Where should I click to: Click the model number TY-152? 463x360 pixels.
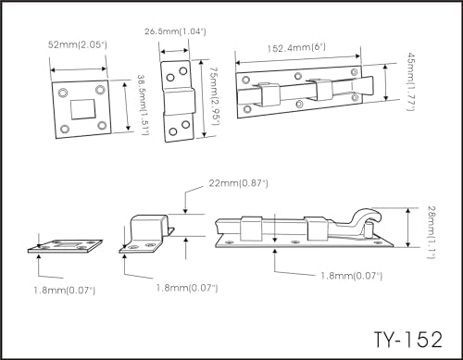[x=408, y=340]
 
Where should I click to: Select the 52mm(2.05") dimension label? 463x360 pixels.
[x=77, y=44]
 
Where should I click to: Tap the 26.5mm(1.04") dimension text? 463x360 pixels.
[x=175, y=31]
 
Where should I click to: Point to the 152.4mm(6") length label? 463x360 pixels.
[x=296, y=48]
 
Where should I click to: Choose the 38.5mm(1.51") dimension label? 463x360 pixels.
[x=143, y=105]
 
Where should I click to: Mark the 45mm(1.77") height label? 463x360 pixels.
[x=410, y=81]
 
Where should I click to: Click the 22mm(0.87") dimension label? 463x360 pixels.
[x=238, y=183]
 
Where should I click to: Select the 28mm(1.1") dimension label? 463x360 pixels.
[x=432, y=232]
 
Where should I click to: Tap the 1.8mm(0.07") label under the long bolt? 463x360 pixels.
[x=351, y=276]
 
